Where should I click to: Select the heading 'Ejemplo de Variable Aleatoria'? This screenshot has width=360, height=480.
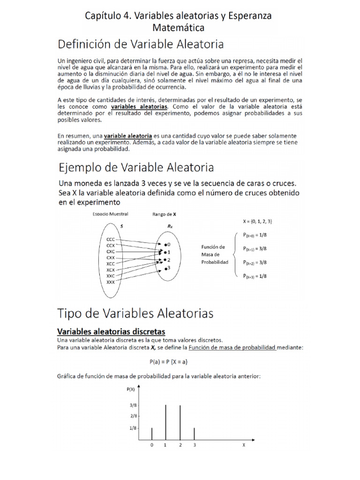[136, 167]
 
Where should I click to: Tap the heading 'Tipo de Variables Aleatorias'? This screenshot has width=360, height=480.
[135, 313]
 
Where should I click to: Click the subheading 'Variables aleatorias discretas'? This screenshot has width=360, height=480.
[111, 331]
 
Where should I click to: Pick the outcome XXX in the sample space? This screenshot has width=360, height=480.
[111, 283]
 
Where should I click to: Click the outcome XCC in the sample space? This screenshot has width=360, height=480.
[111, 264]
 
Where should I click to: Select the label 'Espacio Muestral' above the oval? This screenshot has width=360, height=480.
[111, 214]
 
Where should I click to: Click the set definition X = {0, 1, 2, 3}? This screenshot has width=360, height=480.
[257, 220]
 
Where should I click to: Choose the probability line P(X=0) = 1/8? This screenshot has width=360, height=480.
[256, 235]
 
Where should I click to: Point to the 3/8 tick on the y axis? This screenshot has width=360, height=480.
[134, 405]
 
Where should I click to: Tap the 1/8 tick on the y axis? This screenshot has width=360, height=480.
[134, 427]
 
